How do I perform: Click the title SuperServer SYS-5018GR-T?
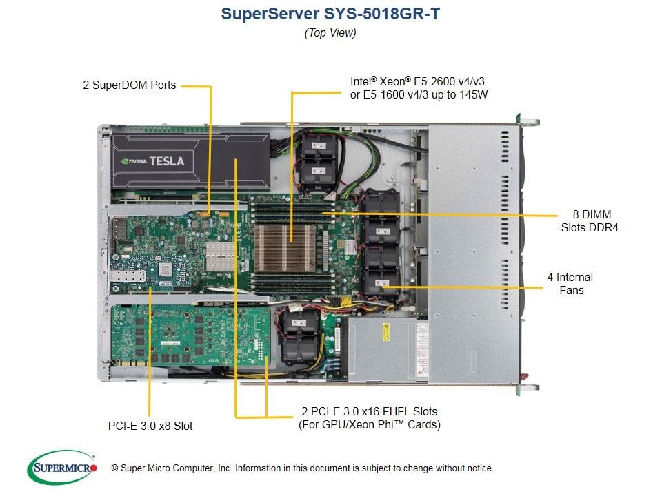330,14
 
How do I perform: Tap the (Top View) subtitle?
330,32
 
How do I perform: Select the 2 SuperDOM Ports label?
129,85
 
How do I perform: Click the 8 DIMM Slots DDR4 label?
590,221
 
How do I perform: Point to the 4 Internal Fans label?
570,283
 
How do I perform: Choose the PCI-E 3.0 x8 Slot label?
150,426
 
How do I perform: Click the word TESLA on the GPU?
167,161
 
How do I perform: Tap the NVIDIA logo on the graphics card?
133,161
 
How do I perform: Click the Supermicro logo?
62,467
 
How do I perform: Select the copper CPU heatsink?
285,247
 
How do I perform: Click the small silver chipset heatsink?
219,257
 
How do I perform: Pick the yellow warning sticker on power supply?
385,331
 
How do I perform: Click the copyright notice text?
302,468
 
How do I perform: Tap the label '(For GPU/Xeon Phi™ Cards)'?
370,424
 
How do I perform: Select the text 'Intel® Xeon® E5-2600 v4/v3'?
417,81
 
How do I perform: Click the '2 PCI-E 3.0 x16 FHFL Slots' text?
370,411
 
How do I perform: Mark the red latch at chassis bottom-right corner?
524,375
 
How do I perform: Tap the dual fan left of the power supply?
300,336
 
